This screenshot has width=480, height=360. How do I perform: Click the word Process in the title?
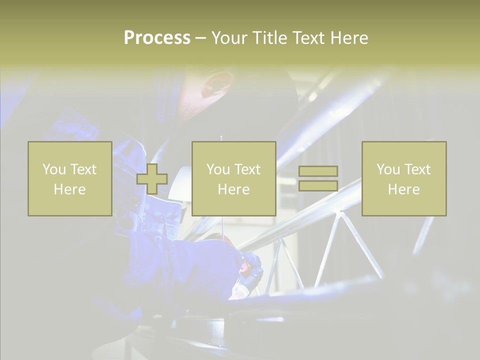coord(157,38)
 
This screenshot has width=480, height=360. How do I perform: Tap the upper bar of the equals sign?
coord(318,171)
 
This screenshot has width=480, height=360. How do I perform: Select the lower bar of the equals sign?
coord(318,186)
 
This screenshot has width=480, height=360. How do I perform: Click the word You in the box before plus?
coord(53,169)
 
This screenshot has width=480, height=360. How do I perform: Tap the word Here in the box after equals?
coord(404,189)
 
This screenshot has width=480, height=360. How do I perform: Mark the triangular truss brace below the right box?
coord(345,245)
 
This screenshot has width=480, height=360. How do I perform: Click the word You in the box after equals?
coord(388,169)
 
